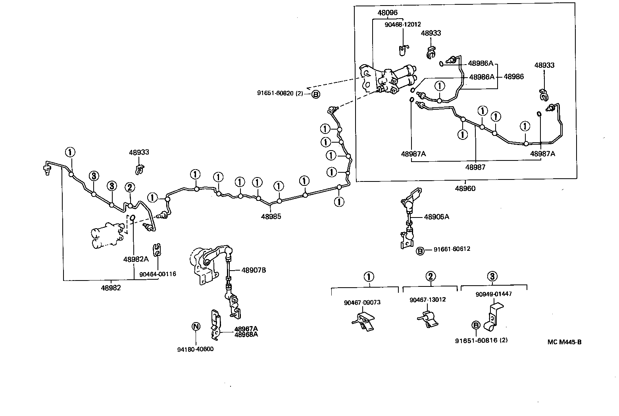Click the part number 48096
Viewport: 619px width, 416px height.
[x=387, y=13]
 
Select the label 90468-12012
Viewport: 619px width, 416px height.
[x=403, y=24]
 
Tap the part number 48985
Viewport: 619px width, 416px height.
[x=271, y=216]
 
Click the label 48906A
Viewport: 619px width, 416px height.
[x=436, y=217]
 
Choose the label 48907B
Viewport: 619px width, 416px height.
[x=254, y=270]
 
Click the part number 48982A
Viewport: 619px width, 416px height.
[x=136, y=259]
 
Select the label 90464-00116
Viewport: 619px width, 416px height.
[x=158, y=274]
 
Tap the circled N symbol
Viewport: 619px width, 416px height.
[x=196, y=326]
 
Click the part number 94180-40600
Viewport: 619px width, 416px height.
[x=195, y=349]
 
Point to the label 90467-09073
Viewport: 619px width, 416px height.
[x=362, y=302]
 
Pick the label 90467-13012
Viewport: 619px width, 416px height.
[x=427, y=300]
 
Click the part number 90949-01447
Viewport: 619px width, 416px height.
[x=494, y=294]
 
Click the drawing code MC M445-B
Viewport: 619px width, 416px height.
[x=564, y=342]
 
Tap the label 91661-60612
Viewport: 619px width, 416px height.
[x=452, y=249]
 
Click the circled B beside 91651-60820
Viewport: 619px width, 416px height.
[x=315, y=94]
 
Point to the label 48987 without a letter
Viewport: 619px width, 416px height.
[x=475, y=167]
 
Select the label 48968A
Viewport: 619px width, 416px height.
[x=246, y=334]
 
